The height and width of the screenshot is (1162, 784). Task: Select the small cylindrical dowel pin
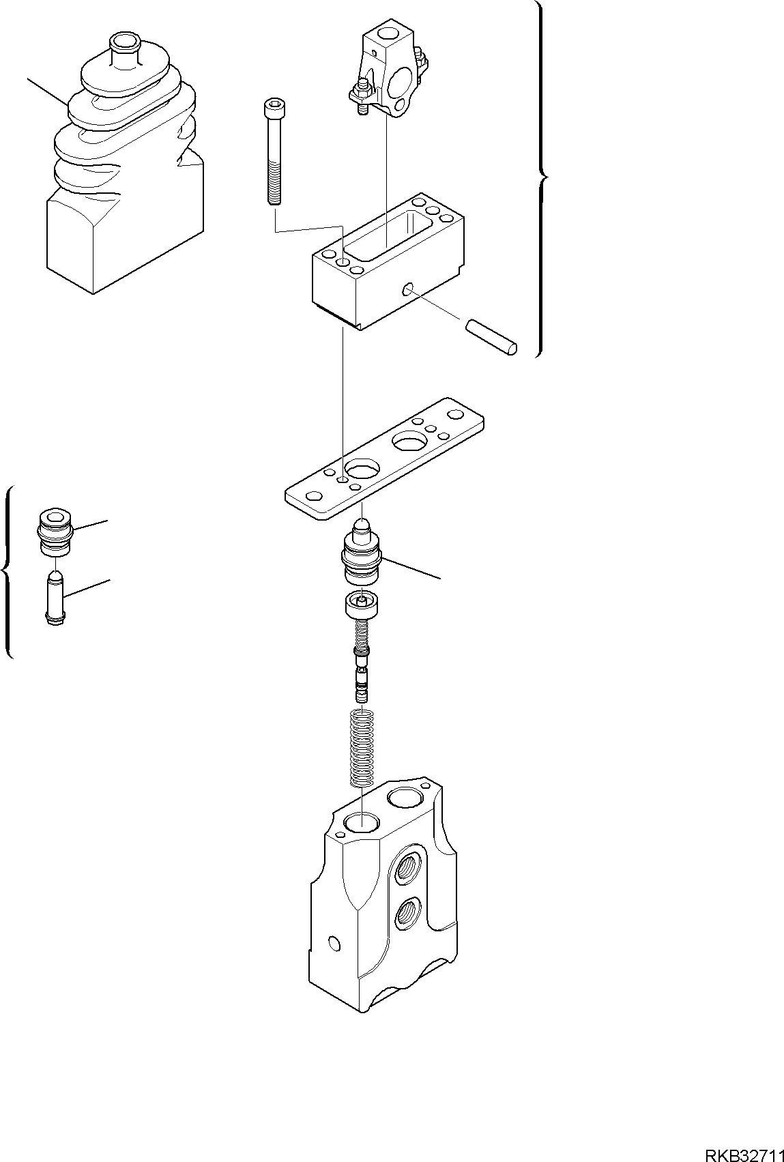[491, 338]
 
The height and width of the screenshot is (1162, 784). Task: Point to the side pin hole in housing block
[407, 291]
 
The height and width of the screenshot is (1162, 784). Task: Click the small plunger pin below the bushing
[55, 598]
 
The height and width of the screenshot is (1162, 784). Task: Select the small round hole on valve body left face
[334, 944]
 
